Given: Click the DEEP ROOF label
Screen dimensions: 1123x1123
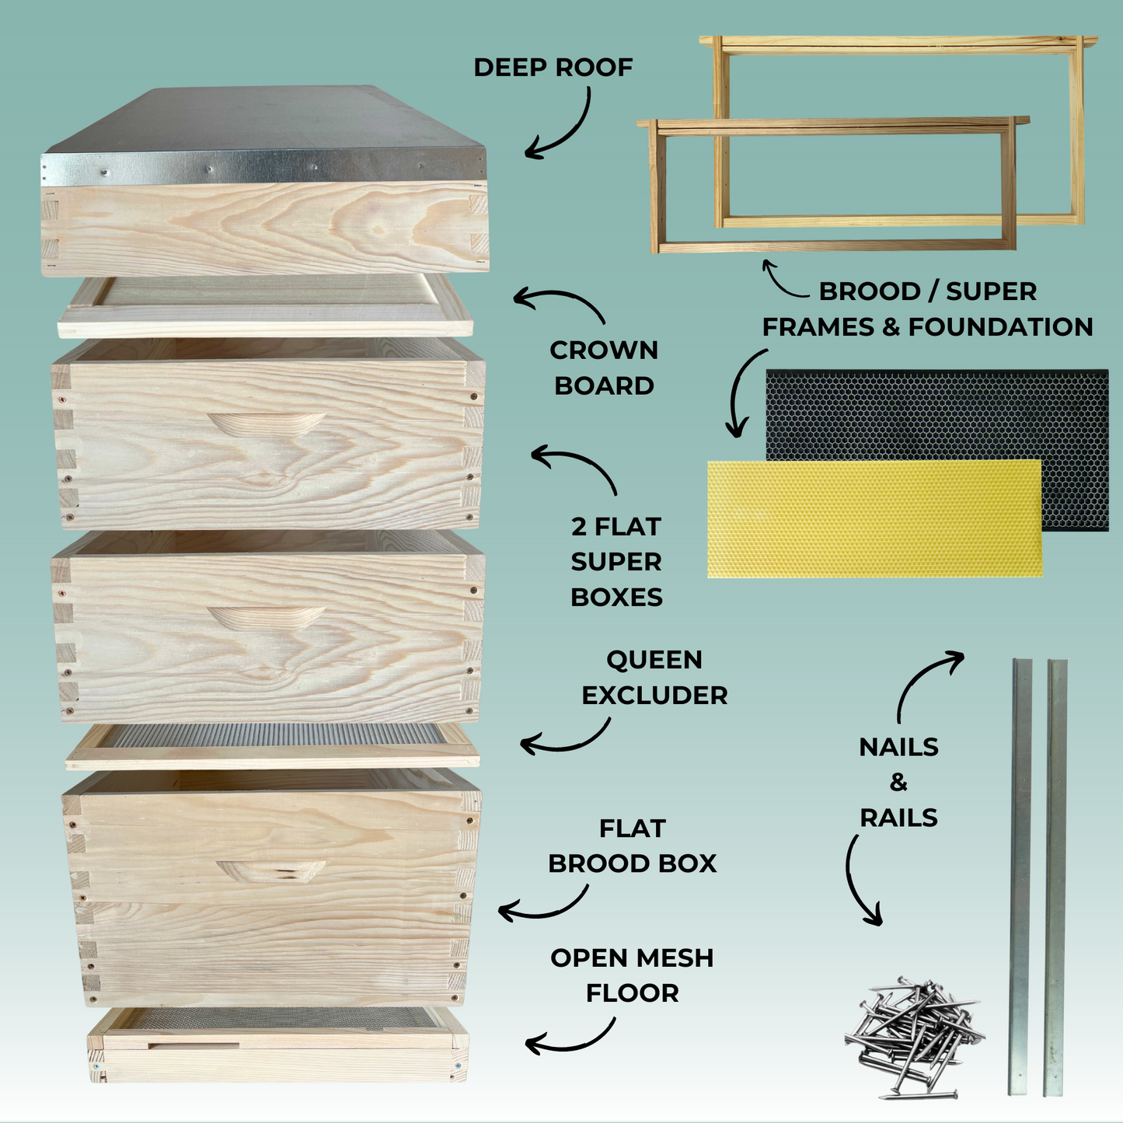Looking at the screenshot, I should pyautogui.click(x=553, y=68).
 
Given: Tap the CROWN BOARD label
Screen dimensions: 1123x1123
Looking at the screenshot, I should pyautogui.click(x=604, y=368).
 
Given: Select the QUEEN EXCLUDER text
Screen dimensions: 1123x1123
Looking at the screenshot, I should pyautogui.click(x=654, y=677).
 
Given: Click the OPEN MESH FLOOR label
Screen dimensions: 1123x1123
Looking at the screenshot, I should pyautogui.click(x=632, y=975).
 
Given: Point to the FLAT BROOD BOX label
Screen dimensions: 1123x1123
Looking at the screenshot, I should pyautogui.click(x=632, y=846).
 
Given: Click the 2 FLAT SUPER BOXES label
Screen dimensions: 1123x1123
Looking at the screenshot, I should pyautogui.click(x=616, y=561).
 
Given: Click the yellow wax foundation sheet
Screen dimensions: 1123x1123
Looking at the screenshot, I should pyautogui.click(x=874, y=518).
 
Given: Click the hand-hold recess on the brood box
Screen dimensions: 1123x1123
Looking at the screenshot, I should pyautogui.click(x=270, y=871).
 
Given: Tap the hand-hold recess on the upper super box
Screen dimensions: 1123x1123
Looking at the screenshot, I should pyautogui.click(x=266, y=424).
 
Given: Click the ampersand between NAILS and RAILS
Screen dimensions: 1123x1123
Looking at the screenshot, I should pyautogui.click(x=898, y=782).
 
